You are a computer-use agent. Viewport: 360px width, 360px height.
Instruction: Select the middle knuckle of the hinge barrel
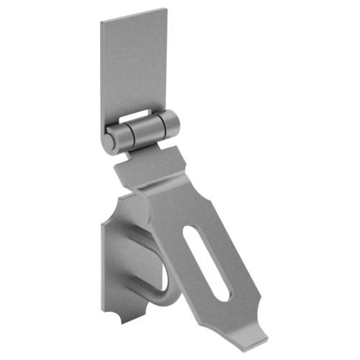pos(145,129)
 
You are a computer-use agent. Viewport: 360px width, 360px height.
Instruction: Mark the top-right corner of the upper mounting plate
pos(165,9)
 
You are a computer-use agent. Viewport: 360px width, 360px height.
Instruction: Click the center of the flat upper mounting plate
pos(134,65)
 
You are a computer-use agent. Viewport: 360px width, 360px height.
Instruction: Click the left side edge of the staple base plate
pos(102,259)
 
